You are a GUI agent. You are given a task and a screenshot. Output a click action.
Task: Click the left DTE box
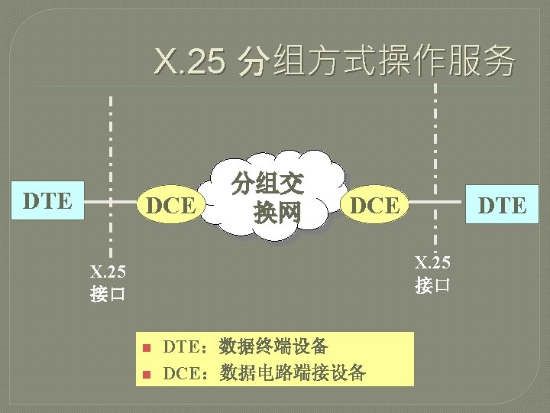coord(47,202)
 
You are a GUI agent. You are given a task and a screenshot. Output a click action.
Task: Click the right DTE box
coord(502,206)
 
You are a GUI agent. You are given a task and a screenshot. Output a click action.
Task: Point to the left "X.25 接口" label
coord(108,283)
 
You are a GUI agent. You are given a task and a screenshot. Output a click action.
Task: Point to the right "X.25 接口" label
coord(433,274)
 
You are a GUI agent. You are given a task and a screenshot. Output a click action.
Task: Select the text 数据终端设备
coord(273,346)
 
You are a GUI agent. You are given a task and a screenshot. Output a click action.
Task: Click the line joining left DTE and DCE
coord(107,204)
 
